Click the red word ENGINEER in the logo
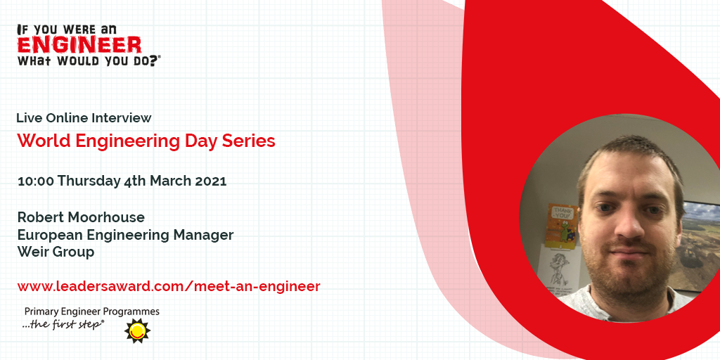tap(79, 45)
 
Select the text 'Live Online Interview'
tap(84, 118)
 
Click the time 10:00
tap(36, 181)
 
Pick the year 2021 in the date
tap(211, 181)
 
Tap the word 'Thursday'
tap(89, 181)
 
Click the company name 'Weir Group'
tap(56, 252)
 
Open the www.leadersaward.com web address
tap(169, 287)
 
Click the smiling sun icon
tap(137, 330)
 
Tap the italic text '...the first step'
tap(63, 324)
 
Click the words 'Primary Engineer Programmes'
tap(92, 311)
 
